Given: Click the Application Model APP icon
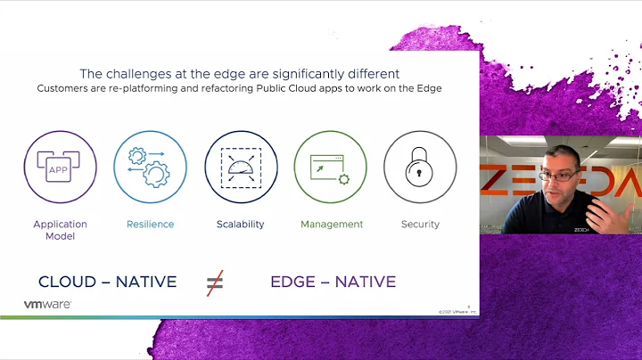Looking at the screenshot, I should click(x=60, y=167).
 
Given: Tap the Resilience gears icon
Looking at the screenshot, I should click(x=150, y=167).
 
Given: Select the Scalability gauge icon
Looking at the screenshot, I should click(x=241, y=167).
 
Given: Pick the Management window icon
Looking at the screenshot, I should click(x=331, y=167).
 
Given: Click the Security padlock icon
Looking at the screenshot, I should click(x=420, y=167).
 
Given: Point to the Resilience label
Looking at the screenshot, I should click(x=150, y=225).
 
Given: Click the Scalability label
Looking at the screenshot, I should click(x=241, y=225).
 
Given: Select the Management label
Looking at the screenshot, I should click(x=332, y=225).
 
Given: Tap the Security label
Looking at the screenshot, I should click(x=420, y=225).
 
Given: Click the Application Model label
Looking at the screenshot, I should click(x=60, y=230).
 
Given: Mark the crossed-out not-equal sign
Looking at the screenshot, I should click(x=215, y=282).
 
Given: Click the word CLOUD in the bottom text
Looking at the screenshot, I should click(x=68, y=282).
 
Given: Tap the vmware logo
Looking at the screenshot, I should click(x=48, y=305).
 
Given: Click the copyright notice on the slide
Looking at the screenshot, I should click(x=457, y=311).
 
